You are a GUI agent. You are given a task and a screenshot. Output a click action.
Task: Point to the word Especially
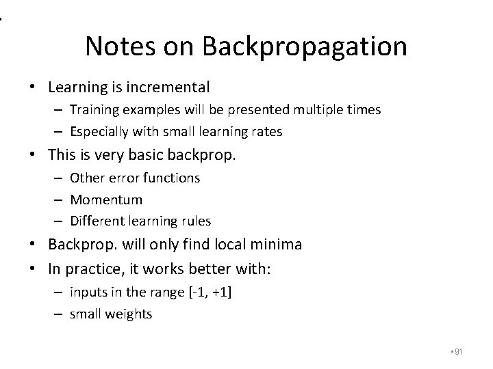[103, 132]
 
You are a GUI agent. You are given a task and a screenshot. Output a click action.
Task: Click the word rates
[266, 132]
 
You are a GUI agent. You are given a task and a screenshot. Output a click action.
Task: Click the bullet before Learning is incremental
[32, 87]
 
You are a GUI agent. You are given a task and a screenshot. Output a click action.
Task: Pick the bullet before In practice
[32, 269]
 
